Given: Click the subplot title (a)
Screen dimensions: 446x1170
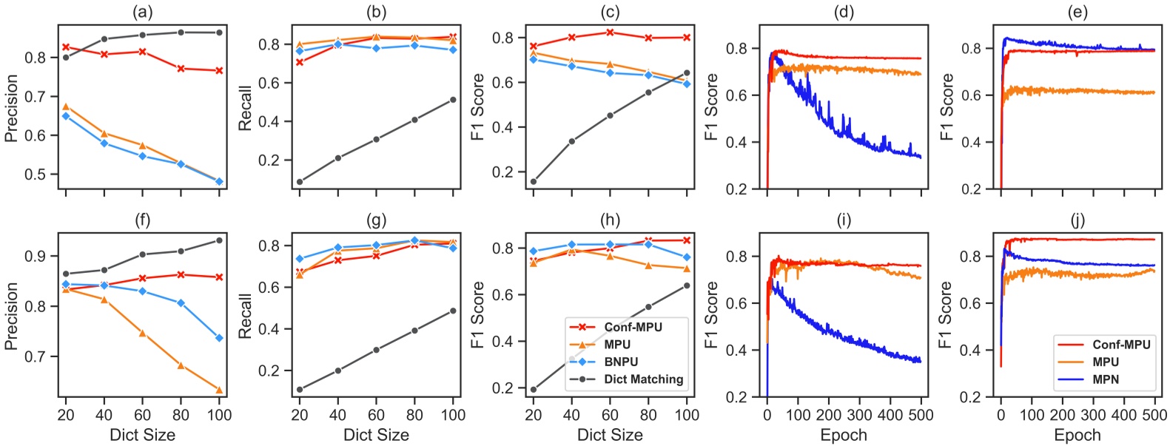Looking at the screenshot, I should [142, 12].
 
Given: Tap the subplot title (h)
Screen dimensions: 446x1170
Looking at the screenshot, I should [610, 220].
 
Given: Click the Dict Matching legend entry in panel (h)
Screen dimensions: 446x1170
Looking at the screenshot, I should [642, 379].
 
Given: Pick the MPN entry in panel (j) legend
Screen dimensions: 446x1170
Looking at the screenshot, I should [1106, 379].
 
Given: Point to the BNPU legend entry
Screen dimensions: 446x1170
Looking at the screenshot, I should [620, 362].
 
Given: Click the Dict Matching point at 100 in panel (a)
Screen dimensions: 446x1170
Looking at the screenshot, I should [219, 33].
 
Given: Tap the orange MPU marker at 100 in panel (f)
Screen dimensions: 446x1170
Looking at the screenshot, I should [219, 390].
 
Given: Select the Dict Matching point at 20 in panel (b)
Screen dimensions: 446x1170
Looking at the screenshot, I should [299, 182].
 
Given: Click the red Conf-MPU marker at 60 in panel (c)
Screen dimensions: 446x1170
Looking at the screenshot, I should [610, 33].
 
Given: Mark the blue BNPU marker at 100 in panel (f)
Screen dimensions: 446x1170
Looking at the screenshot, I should [219, 338].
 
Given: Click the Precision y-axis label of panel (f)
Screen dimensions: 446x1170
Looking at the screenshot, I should [11, 316].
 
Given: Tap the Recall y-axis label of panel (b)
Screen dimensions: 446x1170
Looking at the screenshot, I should [245, 108].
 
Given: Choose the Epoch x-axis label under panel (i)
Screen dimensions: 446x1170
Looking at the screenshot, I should [844, 435].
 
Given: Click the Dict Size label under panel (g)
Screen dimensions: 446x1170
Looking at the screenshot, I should [376, 435].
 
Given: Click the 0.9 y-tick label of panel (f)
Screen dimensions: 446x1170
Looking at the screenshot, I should [36, 257].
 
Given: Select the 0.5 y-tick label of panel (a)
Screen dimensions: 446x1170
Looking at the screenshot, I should [36, 175].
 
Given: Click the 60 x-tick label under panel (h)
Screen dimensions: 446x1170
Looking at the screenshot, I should [610, 415].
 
